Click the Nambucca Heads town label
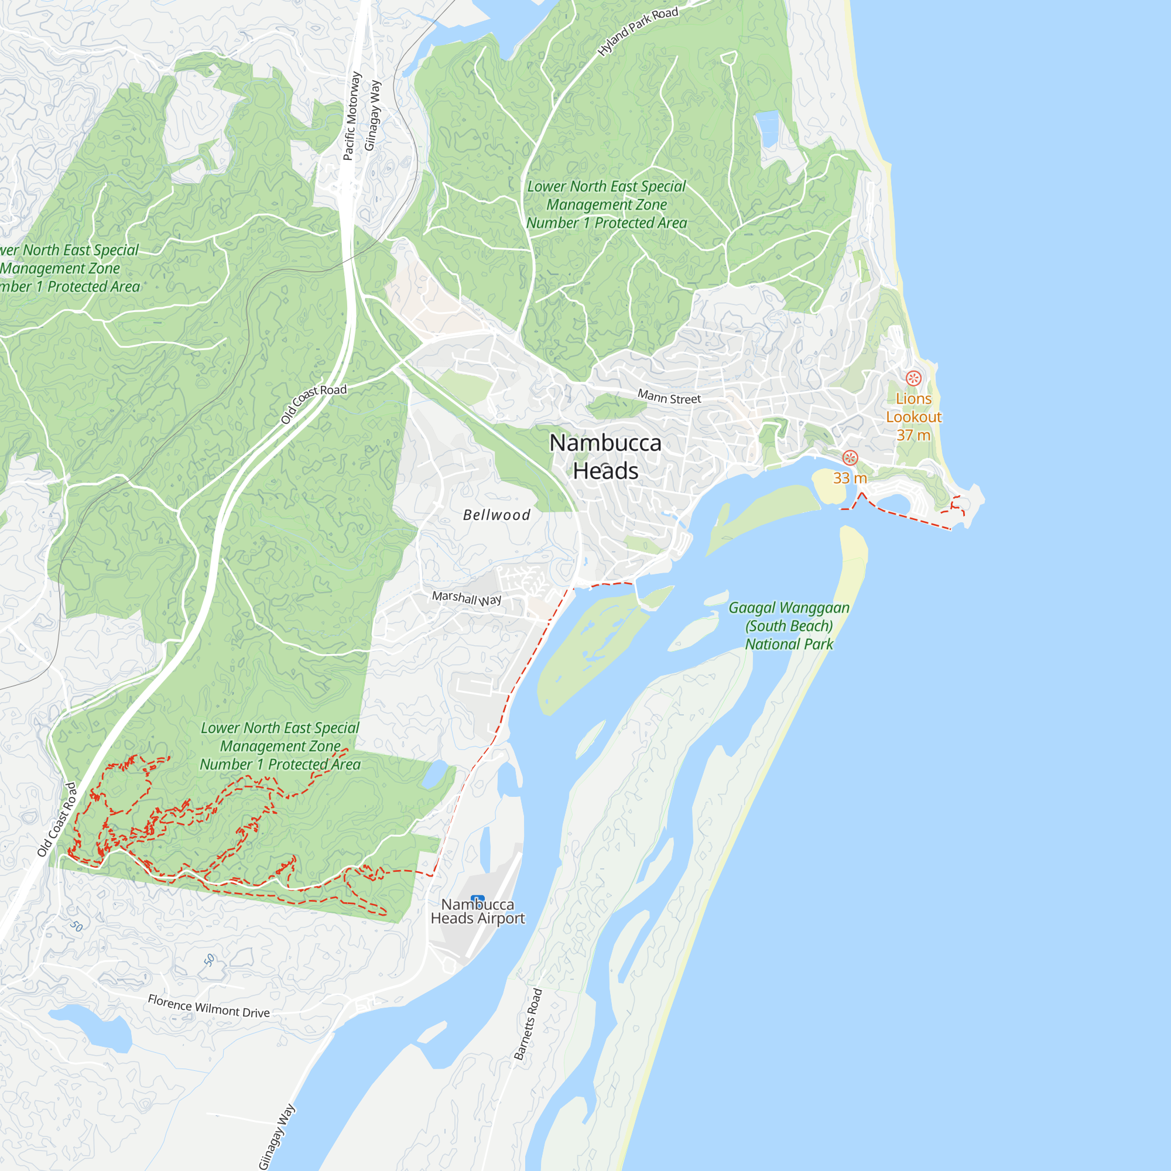point(605,457)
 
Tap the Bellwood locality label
point(497,515)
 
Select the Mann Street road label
point(669,397)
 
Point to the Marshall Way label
point(466,598)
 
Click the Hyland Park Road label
point(638,32)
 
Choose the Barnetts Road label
point(528,1023)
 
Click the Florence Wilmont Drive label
point(208,1006)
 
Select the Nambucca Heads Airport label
point(478,912)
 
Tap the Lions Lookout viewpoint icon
point(913,379)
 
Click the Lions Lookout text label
point(913,416)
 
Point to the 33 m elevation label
point(850,478)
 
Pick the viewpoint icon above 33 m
point(850,458)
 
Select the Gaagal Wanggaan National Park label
point(789,625)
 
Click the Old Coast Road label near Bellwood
point(313,403)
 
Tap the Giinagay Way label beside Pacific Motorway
point(372,115)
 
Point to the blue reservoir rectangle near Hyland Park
point(768,128)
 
